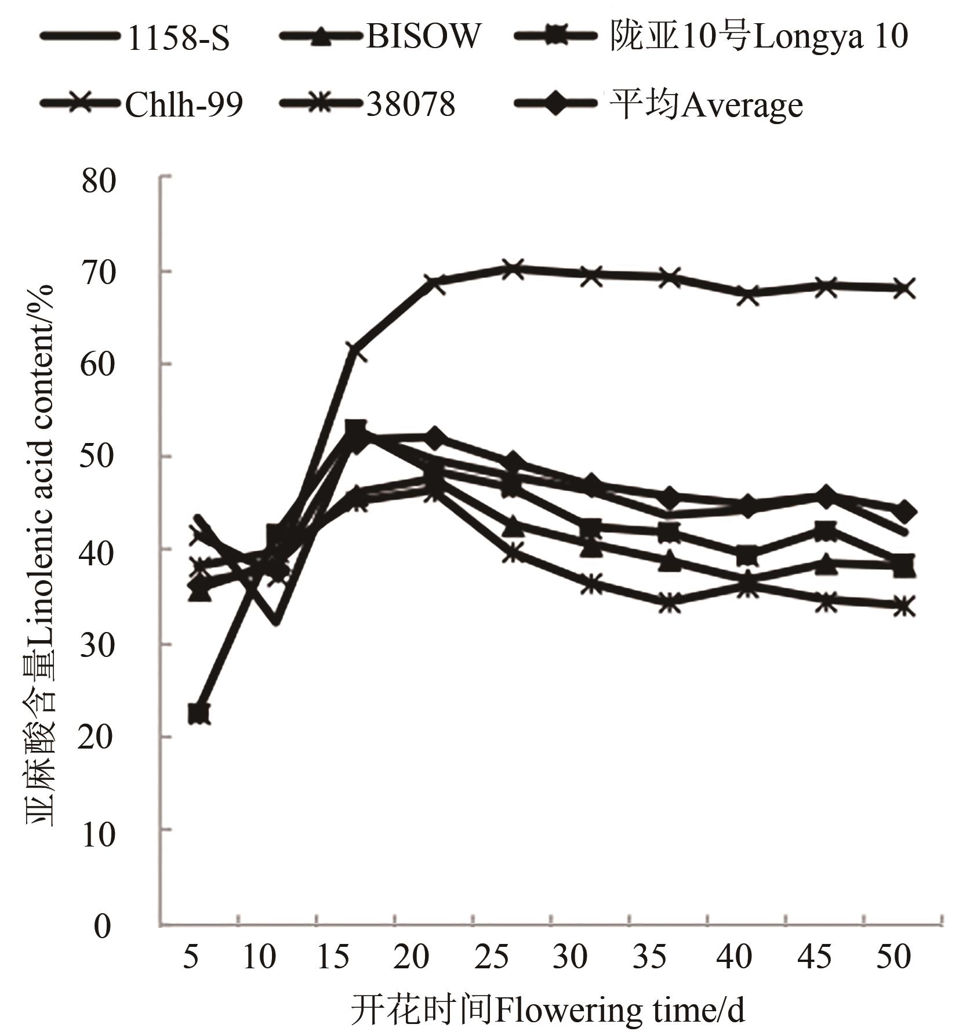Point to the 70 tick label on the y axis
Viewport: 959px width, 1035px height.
99,273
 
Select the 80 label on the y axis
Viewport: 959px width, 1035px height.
99,181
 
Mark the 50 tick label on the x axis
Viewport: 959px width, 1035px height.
893,956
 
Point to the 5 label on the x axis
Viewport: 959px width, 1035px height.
191,956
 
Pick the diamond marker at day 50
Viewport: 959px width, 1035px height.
903,512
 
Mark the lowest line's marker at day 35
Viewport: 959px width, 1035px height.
670,603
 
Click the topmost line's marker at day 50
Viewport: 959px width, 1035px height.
903,288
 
